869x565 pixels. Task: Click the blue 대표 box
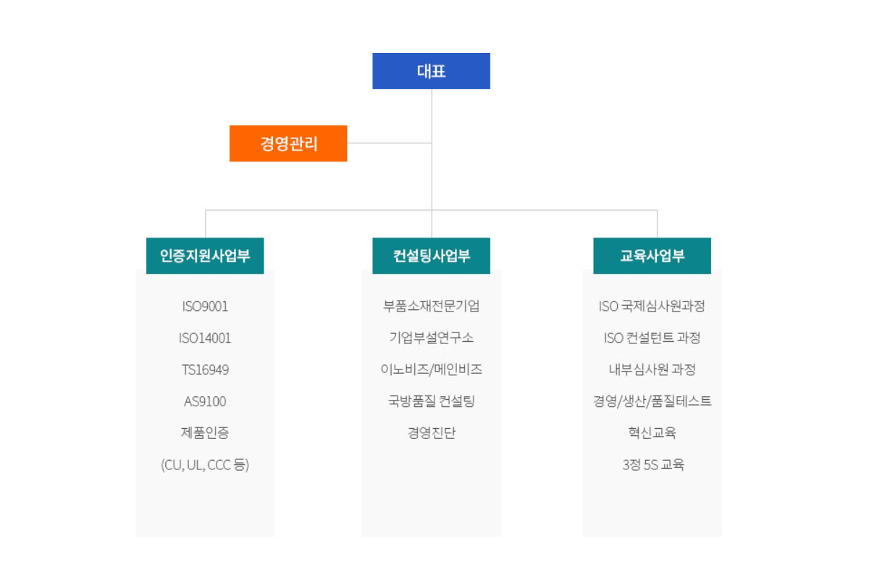point(431,71)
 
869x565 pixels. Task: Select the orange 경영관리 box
point(288,143)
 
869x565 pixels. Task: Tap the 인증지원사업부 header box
point(205,256)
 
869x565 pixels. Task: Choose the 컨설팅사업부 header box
point(431,256)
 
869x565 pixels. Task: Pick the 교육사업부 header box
point(652,256)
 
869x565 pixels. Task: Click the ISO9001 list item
point(205,306)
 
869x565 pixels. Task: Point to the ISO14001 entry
point(205,338)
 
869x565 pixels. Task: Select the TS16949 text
point(205,369)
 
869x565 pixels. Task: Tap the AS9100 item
point(205,401)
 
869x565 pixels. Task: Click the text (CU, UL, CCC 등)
point(205,464)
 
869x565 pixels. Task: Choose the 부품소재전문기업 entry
point(431,306)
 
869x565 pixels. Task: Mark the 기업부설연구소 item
point(431,338)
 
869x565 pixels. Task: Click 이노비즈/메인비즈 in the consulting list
point(431,369)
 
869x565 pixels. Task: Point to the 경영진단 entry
point(431,432)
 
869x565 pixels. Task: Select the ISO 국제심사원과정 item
point(652,306)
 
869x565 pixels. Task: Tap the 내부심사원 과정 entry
point(652,369)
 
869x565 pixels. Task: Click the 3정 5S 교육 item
point(653,464)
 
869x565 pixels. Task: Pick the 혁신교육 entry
point(652,432)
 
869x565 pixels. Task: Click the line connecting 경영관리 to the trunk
point(390,143)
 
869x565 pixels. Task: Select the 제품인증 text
point(205,432)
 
